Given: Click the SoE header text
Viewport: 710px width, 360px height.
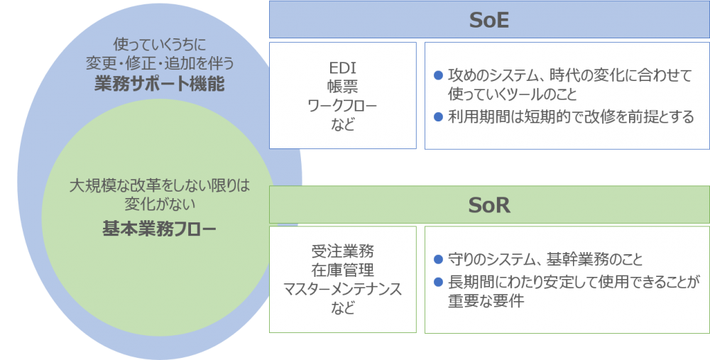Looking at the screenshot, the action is [489, 20].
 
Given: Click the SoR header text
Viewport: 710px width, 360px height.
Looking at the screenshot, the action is [489, 205].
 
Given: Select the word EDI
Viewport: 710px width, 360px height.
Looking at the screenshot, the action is [343, 68].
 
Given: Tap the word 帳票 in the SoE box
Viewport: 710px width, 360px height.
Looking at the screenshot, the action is [343, 87].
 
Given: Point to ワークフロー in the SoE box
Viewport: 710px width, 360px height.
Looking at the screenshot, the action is [343, 106].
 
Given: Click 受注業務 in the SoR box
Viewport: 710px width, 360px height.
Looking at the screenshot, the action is [343, 251].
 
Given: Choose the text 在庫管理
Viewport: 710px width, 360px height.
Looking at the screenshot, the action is [343, 271].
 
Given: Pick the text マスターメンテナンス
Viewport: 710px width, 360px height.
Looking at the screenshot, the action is [343, 289].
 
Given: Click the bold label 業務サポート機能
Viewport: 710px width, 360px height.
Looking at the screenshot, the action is [159, 84].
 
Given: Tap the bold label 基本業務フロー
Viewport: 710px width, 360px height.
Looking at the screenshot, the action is [159, 229].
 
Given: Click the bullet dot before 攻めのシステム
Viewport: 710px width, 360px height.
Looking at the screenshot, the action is [438, 76].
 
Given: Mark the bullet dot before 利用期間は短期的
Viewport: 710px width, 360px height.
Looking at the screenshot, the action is [438, 117].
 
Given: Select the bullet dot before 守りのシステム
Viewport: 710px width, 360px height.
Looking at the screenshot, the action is [438, 259].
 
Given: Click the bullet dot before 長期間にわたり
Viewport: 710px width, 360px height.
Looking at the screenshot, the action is [438, 282].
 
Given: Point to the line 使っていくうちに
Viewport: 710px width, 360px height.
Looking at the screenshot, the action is [159, 44].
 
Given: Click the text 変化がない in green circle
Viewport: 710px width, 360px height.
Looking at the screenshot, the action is [159, 204].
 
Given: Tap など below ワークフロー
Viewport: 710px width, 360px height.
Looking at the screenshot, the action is [343, 124].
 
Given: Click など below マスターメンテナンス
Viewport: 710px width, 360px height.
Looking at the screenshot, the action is [343, 308].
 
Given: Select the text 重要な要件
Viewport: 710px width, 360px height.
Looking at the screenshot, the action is [486, 301].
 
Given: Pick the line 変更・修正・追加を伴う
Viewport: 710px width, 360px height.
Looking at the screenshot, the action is [159, 63].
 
